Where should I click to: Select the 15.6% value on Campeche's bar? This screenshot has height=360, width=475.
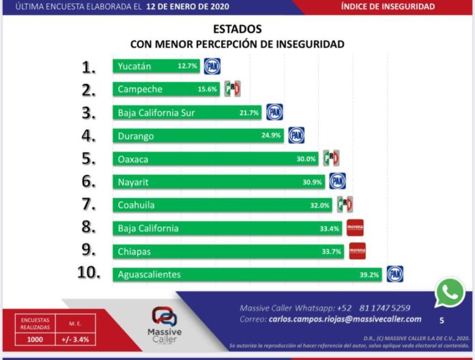coord(207,89)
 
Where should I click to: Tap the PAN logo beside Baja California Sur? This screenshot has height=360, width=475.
coord(274,112)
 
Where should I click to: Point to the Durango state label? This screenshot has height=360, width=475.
coord(136,135)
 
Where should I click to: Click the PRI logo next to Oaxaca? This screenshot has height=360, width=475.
coord(331,158)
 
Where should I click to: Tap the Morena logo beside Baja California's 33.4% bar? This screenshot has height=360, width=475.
coord(355,227)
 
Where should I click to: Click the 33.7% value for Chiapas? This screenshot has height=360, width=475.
coord(332,251)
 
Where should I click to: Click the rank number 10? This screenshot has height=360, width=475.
coord(93,273)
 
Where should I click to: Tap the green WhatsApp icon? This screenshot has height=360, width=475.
coord(450,293)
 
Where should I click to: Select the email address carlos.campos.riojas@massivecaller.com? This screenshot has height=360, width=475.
coord(344,319)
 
